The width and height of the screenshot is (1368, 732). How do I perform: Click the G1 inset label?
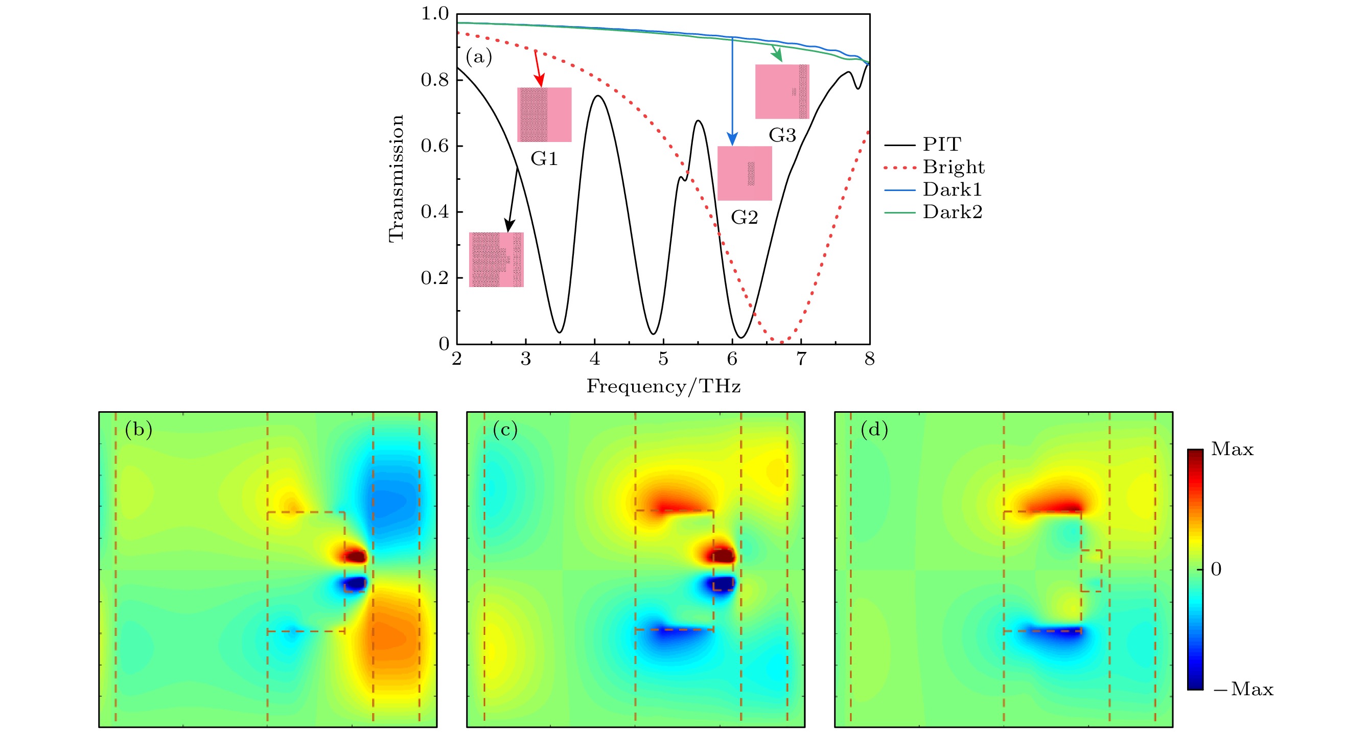point(544,159)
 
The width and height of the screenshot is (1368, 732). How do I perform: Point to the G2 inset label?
point(745,217)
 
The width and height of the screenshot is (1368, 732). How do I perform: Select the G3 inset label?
point(782,135)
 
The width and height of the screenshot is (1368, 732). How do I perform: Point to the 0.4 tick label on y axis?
point(434,212)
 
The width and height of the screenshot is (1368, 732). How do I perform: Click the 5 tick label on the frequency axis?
point(663,360)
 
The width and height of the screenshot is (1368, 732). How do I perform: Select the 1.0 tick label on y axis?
point(434,14)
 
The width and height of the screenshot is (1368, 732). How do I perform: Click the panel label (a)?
point(478,56)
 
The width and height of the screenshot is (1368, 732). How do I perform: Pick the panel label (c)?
point(505,430)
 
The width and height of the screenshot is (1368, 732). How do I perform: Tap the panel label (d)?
point(874,430)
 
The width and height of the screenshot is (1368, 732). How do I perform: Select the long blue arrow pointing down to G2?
point(732,90)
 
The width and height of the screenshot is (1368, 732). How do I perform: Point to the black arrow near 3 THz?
point(513,200)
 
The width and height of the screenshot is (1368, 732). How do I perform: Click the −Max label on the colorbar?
point(1243,689)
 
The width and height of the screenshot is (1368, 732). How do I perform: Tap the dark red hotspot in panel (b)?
point(355,556)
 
